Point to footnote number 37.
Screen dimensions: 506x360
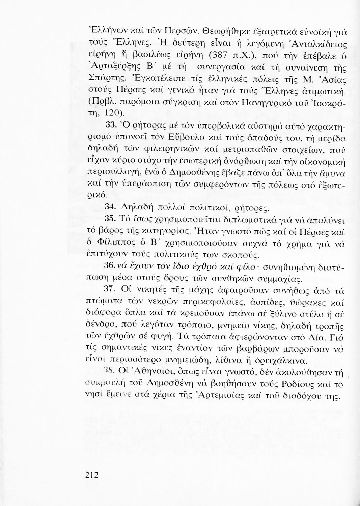pos(111,290)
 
